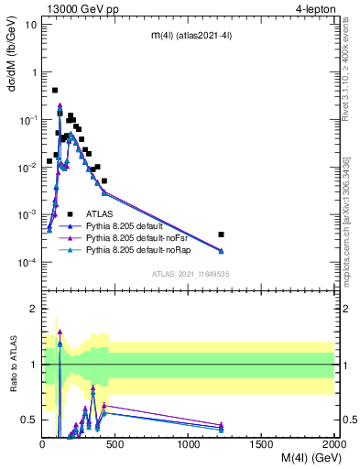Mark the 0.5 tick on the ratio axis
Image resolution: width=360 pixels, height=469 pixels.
point(29,420)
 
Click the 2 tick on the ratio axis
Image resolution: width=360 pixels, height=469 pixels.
point(33,309)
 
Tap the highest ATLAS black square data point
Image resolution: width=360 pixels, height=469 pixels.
point(55,91)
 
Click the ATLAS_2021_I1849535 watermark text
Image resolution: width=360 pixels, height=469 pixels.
point(190,273)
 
